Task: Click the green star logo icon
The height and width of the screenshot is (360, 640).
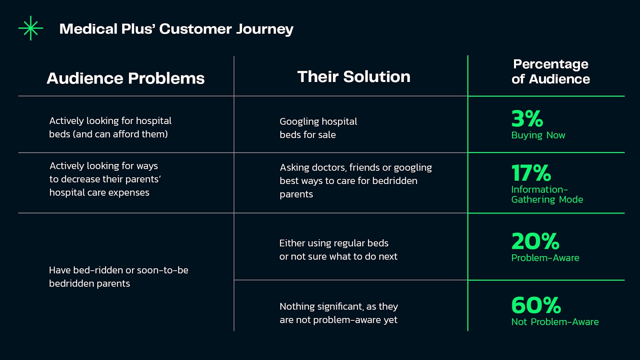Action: pyautogui.click(x=30, y=28)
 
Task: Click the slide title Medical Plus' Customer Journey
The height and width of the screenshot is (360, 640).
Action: pyautogui.click(x=176, y=29)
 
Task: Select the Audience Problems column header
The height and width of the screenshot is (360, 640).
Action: pyautogui.click(x=126, y=78)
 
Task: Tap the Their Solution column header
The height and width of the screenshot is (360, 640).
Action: pyautogui.click(x=354, y=76)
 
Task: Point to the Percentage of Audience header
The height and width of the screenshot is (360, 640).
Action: pyautogui.click(x=550, y=72)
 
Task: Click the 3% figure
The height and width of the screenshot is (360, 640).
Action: pyautogui.click(x=527, y=118)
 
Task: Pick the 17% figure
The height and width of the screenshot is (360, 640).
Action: pyautogui.click(x=531, y=172)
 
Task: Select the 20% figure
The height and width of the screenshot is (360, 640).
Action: pyautogui.click(x=535, y=241)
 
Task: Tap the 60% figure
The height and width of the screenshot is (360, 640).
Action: pyautogui.click(x=536, y=305)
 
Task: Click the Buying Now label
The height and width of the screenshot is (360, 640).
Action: pyautogui.click(x=538, y=135)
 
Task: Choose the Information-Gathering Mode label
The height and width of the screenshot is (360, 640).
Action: pyautogui.click(x=547, y=194)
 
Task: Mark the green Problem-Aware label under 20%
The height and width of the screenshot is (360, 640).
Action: pyautogui.click(x=545, y=258)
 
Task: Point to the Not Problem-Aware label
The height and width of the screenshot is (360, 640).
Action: pyautogui.click(x=555, y=322)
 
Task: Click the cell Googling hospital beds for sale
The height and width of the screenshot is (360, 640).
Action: pyautogui.click(x=318, y=128)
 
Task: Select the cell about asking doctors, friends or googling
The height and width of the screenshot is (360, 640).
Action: pyautogui.click(x=356, y=180)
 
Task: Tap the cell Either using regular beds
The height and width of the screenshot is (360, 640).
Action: pyautogui.click(x=338, y=250)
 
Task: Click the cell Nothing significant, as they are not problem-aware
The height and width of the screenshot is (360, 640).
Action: pyautogui.click(x=338, y=313)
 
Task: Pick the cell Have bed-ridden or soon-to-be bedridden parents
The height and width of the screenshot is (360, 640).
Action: pyautogui.click(x=118, y=276)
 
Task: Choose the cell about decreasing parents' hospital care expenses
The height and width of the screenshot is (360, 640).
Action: pyautogui.click(x=105, y=179)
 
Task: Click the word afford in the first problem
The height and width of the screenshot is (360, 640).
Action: pyautogui.click(x=126, y=134)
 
